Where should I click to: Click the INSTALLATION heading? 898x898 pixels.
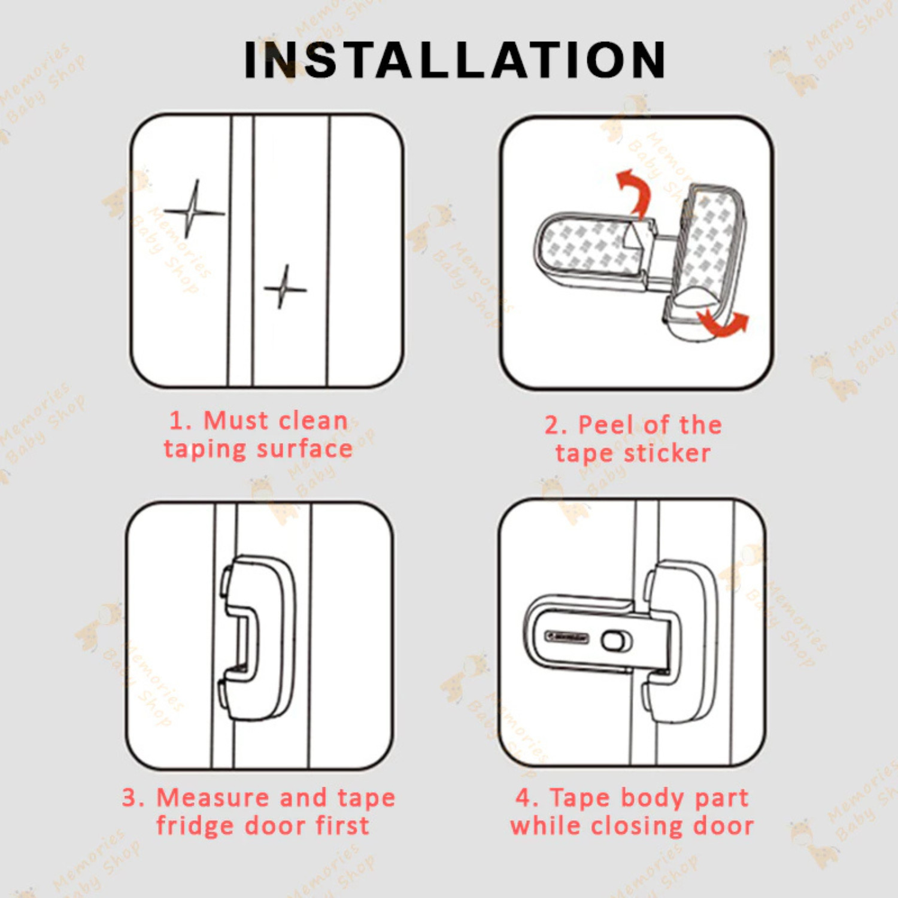click(x=455, y=60)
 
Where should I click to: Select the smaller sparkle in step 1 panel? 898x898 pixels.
click(x=286, y=289)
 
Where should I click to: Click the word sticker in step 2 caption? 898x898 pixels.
click(x=667, y=453)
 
